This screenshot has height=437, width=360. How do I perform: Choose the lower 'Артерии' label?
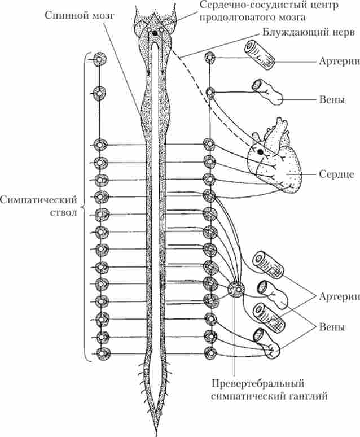(337, 297)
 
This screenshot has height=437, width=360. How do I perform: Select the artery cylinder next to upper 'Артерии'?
(259, 55)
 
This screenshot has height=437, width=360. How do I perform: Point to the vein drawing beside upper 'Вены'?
(269, 92)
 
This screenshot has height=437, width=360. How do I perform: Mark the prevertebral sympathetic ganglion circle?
(236, 290)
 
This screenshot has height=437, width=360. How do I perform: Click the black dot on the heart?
(260, 152)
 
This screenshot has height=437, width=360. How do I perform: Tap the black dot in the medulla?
(153, 34)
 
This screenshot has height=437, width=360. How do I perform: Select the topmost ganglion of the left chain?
(99, 58)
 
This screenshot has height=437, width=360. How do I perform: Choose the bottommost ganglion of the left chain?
(103, 354)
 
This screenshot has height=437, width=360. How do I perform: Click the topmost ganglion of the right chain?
(210, 58)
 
